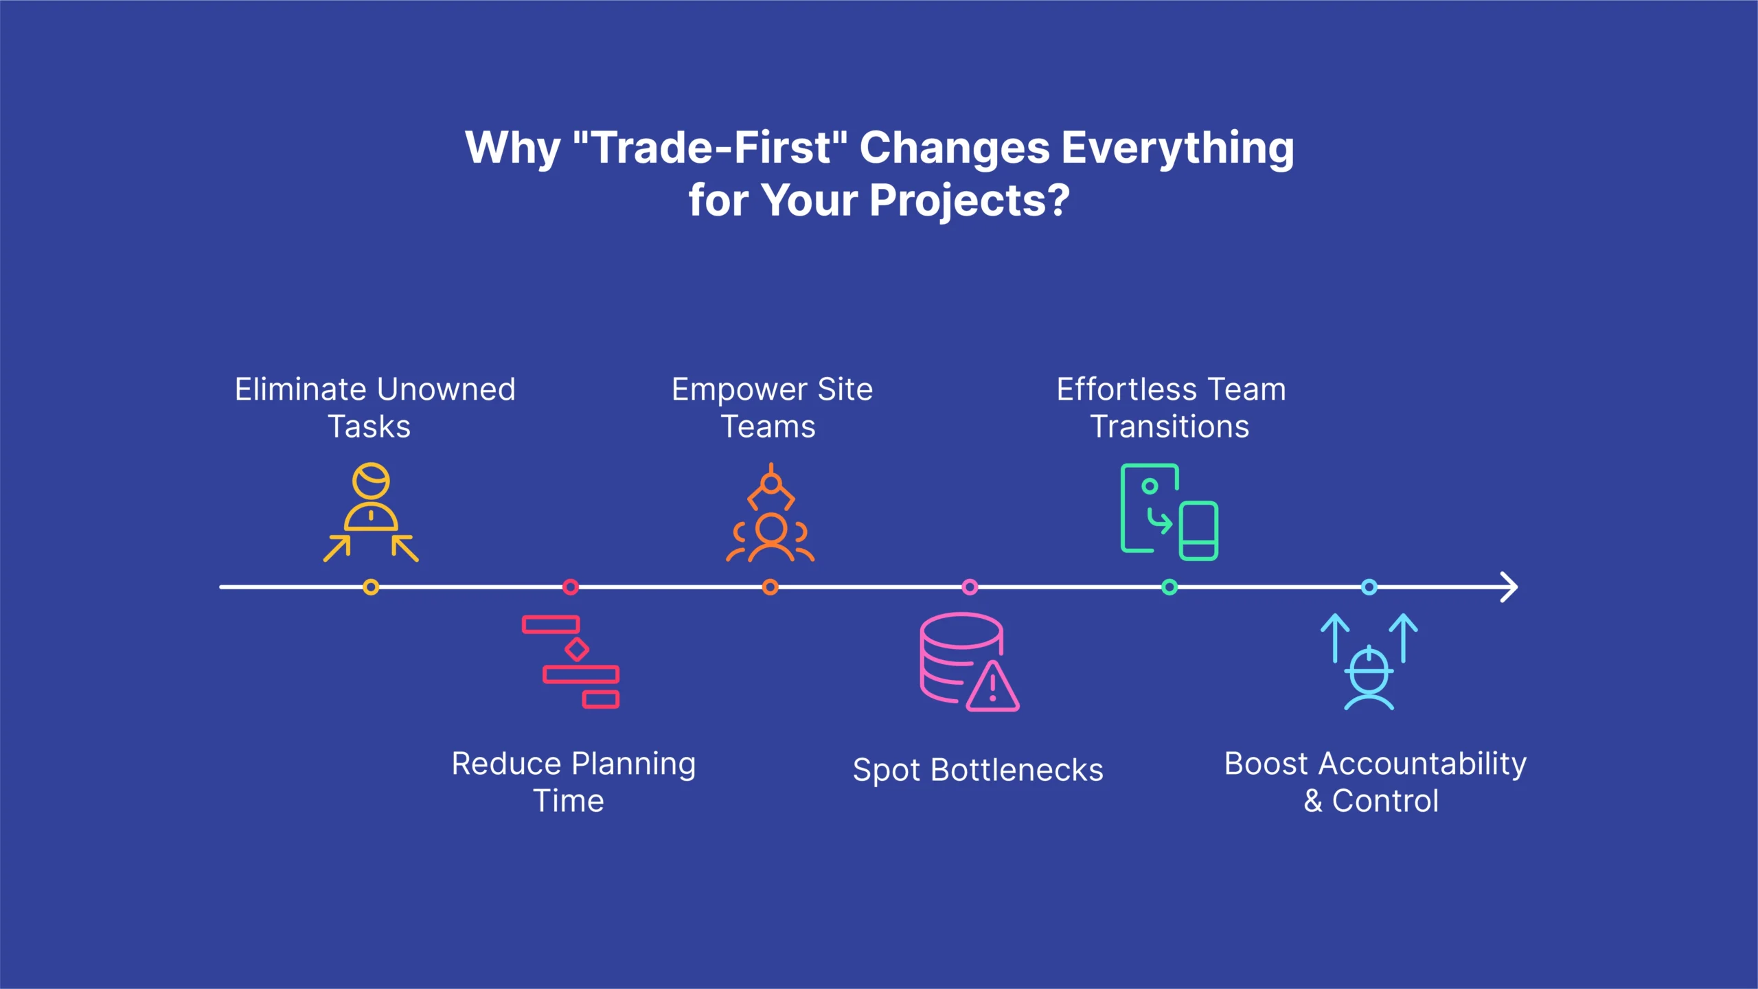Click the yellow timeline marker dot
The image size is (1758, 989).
click(371, 587)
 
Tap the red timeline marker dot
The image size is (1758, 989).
click(571, 587)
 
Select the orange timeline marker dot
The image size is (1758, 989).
click(770, 587)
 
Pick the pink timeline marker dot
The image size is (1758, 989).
click(970, 587)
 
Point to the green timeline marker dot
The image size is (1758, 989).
click(1169, 587)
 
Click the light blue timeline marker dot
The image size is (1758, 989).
click(1369, 587)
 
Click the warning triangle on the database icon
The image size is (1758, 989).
click(993, 687)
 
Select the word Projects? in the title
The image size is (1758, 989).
click(970, 201)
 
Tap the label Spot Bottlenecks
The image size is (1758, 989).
click(978, 771)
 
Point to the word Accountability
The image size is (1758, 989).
click(1422, 764)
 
